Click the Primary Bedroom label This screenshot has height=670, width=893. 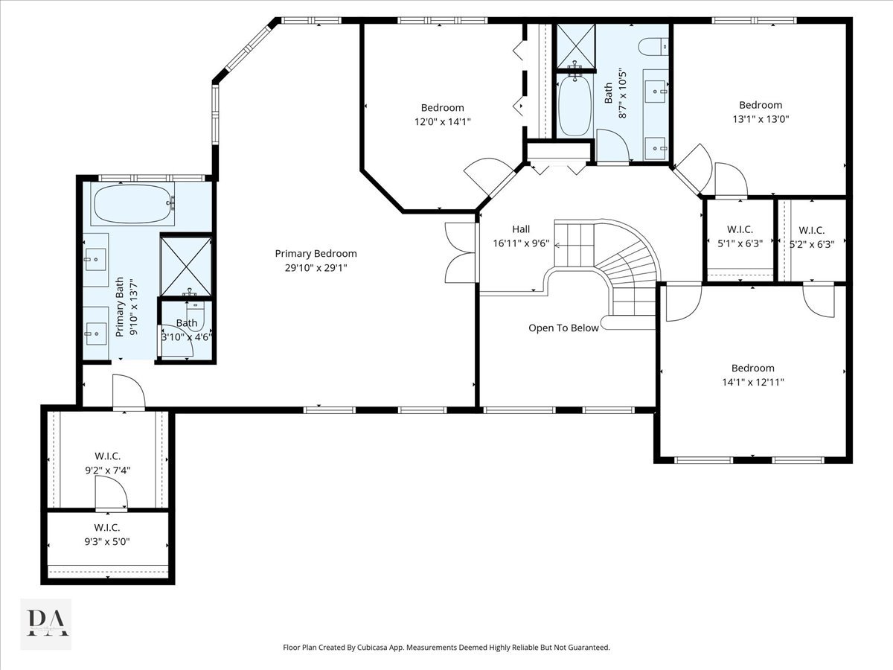point(316,253)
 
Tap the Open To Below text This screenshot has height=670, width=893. point(563,328)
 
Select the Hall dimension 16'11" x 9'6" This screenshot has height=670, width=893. point(521,243)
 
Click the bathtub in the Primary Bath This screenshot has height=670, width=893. point(132,203)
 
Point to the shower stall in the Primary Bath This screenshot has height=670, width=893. point(186,266)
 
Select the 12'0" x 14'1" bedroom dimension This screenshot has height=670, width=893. point(443,121)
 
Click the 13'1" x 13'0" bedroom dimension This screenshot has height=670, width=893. point(761,119)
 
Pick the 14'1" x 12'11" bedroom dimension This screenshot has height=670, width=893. point(753,382)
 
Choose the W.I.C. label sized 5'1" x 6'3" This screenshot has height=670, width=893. point(740,229)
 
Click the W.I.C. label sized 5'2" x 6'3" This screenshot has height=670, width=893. point(812,230)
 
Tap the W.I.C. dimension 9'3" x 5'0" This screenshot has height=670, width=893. point(107,541)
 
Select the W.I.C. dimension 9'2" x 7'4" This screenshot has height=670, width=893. point(107,470)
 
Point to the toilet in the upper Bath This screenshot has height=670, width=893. point(654,47)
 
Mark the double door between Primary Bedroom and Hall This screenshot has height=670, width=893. point(461,252)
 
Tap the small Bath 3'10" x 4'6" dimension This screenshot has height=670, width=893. point(187,337)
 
